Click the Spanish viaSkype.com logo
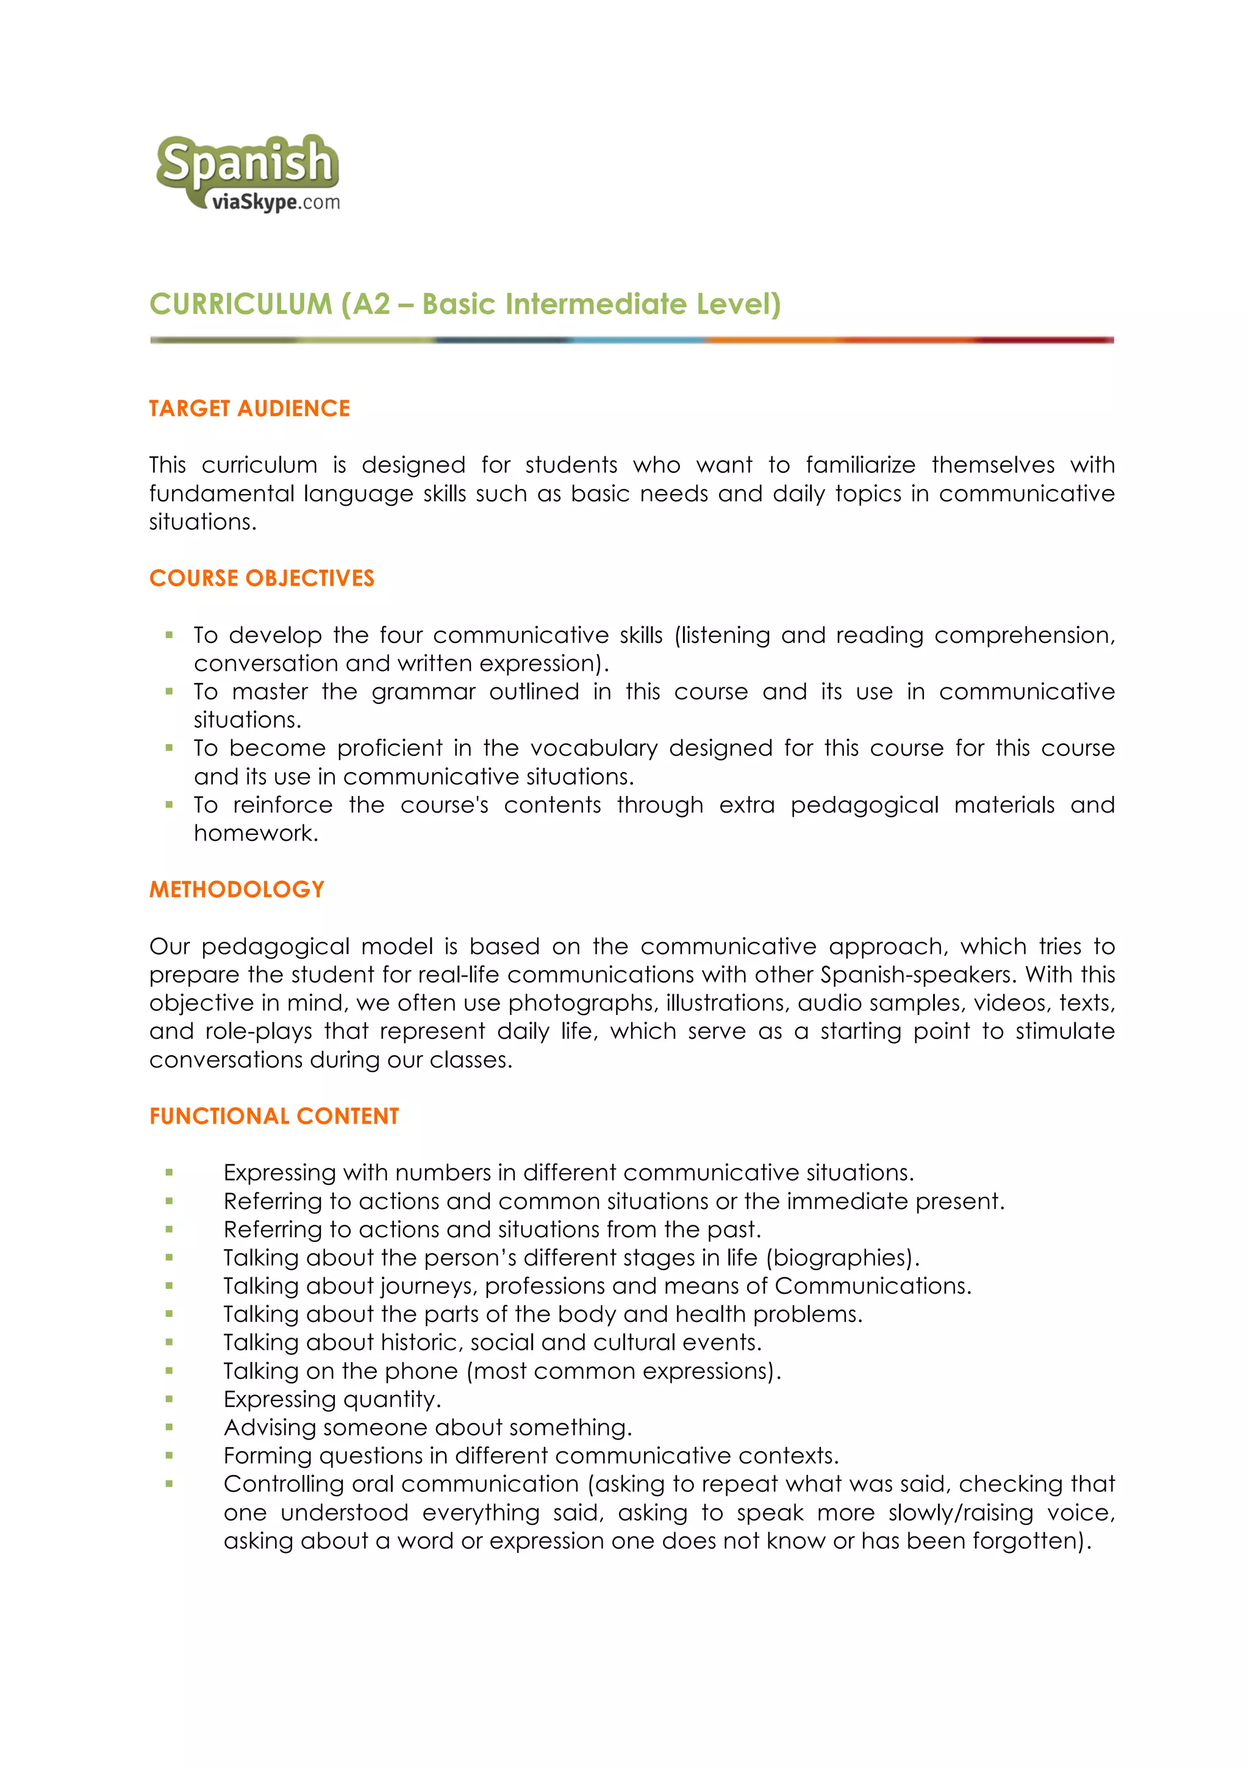coord(248,174)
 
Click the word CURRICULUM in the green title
coord(240,304)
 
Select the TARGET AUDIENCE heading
coord(249,408)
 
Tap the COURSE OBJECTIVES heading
coord(262,578)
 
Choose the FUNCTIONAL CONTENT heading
coord(274,1116)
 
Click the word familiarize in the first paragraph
coord(861,465)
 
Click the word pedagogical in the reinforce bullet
coord(864,805)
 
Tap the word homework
coord(255,833)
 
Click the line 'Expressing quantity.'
coord(332,1399)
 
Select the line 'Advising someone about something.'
coord(427,1428)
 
